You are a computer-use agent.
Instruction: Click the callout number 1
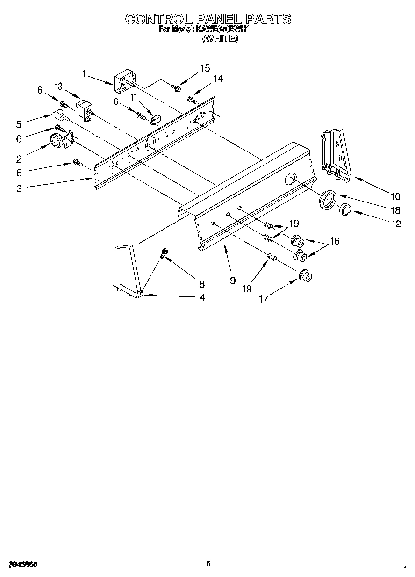tap(83, 74)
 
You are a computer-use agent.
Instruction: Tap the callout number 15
tap(205, 68)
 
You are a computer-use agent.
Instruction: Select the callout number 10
tap(395, 196)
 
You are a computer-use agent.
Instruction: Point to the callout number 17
tap(263, 299)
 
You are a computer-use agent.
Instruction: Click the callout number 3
tap(19, 188)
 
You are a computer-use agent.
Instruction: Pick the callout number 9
tap(232, 281)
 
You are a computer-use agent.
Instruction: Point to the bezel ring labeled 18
tap(329, 198)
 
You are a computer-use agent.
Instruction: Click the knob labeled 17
tap(306, 276)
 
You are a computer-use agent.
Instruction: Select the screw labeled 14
tap(192, 99)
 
